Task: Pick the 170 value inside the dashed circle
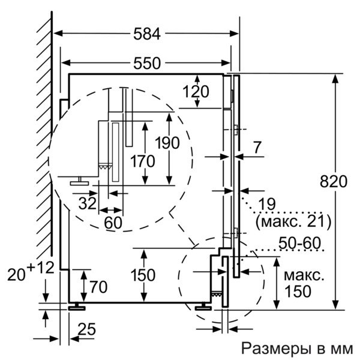pos(142,161)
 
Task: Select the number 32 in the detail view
pos(87,203)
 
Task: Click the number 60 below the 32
pos(113,222)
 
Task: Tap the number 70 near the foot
pos(98,286)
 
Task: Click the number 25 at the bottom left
pos(88,329)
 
